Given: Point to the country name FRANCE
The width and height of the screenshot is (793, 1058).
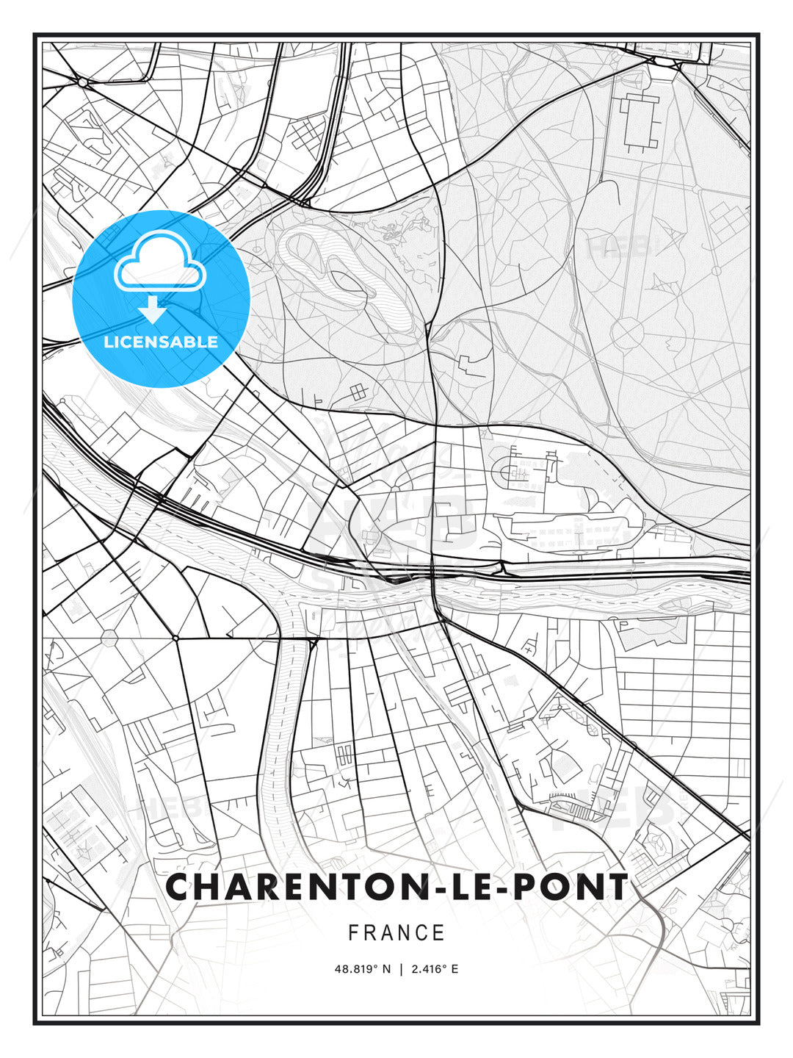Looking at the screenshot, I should pyautogui.click(x=396, y=933).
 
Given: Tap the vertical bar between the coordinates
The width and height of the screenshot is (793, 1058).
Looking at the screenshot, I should pyautogui.click(x=401, y=969).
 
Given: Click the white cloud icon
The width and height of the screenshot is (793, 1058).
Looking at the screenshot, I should pyautogui.click(x=159, y=261).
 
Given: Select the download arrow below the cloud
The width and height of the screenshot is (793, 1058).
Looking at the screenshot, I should pyautogui.click(x=153, y=309).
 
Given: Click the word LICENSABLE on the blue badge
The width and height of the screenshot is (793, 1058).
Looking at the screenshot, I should pyautogui.click(x=161, y=342).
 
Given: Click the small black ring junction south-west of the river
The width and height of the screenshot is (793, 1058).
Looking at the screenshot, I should pyautogui.click(x=175, y=638).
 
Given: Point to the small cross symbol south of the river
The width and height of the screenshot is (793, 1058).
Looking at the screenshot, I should pyautogui.click(x=527, y=650).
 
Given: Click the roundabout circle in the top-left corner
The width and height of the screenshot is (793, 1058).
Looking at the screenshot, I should pyautogui.click(x=82, y=82).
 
